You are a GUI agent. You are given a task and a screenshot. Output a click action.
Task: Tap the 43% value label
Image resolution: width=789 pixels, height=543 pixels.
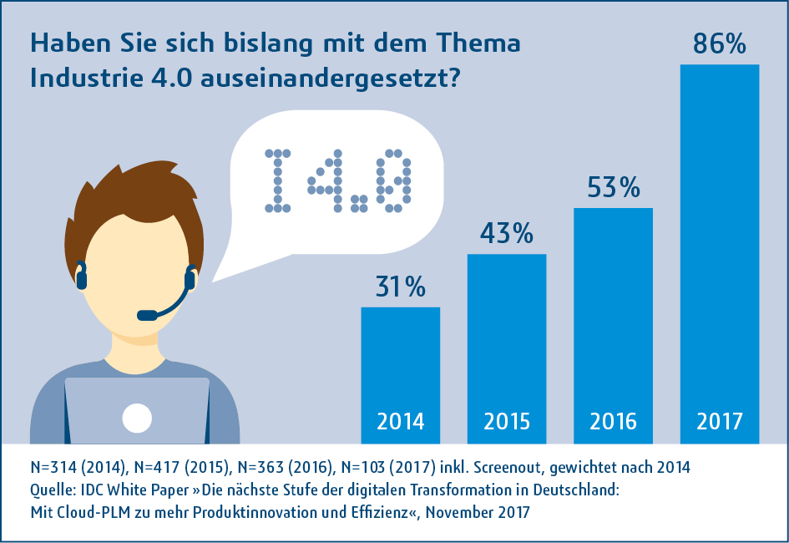[506, 234]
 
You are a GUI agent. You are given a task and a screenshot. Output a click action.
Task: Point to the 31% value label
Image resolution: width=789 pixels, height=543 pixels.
[399, 287]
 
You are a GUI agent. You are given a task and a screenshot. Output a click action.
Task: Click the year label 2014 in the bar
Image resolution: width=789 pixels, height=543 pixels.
[400, 421]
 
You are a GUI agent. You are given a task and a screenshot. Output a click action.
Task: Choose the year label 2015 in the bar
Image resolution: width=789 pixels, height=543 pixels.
[506, 421]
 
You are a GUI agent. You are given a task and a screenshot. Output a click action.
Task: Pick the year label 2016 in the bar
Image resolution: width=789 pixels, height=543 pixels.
[613, 421]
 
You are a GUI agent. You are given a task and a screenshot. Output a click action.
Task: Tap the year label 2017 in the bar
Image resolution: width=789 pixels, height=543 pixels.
[719, 421]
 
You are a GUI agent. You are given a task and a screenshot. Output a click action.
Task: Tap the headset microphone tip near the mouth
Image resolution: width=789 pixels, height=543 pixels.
[147, 315]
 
